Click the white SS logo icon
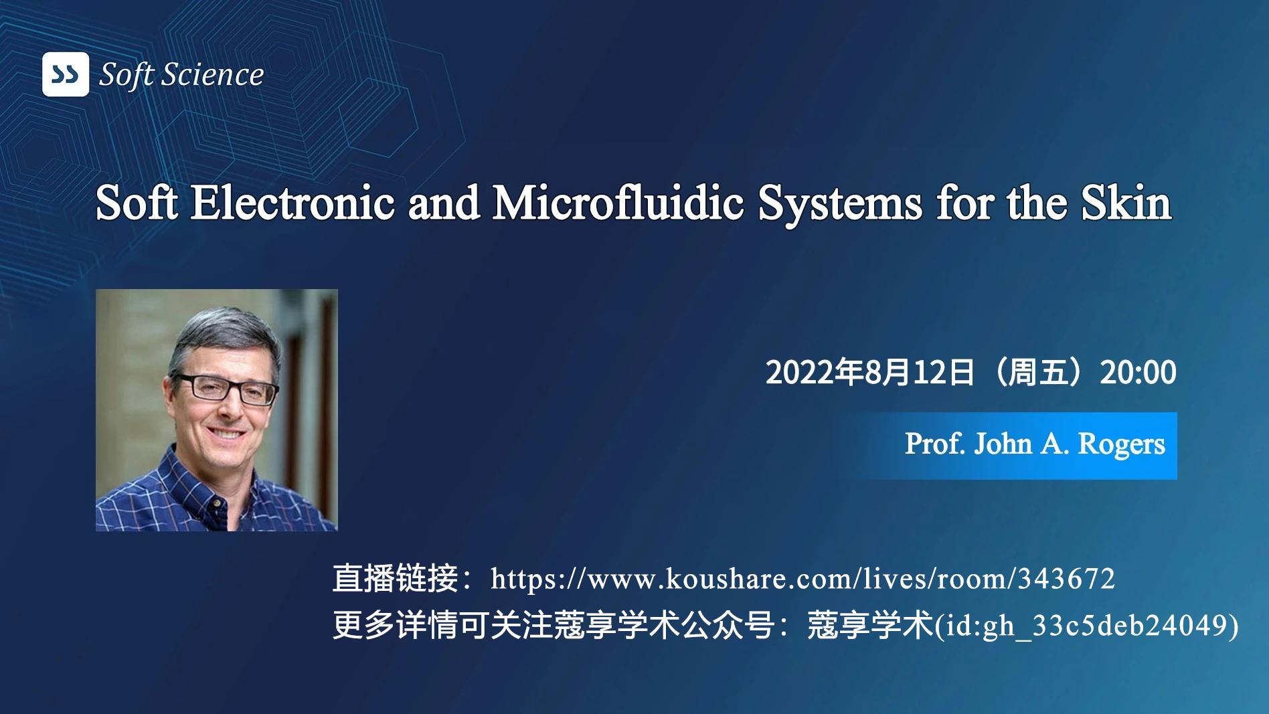pos(65,74)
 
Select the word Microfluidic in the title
pos(618,203)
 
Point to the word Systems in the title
pos(839,203)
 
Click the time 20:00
pos(1138,372)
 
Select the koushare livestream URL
pos(802,579)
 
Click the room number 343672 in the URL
pos(1066,579)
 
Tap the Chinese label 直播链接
pos(395,579)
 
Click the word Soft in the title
pos(137,203)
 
